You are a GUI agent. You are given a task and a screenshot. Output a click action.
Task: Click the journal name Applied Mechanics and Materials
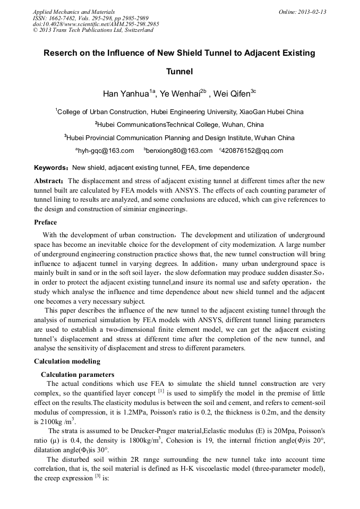coord(74,12)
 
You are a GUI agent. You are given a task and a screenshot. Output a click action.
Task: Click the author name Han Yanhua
coord(125,94)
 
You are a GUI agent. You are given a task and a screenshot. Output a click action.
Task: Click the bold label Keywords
coord(51,167)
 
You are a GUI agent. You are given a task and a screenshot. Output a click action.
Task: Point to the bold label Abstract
coord(49,181)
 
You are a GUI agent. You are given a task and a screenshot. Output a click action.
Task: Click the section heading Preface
coord(46,222)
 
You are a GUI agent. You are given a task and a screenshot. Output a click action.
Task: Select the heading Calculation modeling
coord(67,361)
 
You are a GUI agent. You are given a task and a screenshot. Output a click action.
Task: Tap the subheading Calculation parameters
coord(78,375)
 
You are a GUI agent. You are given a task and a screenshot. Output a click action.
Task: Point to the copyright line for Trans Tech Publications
coord(93,31)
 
